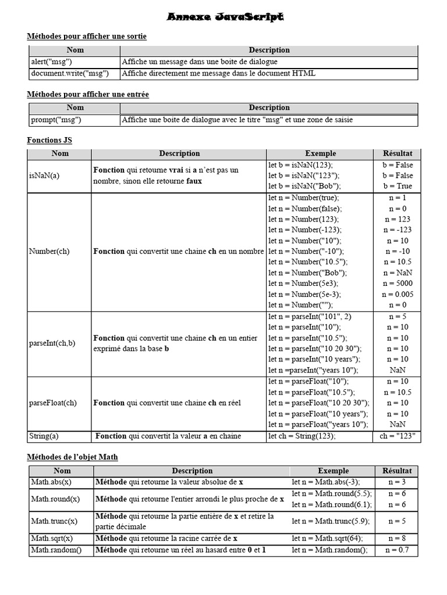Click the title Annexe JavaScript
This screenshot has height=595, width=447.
[225, 17]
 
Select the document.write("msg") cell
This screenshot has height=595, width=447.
[69, 73]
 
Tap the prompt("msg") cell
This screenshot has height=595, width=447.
[55, 120]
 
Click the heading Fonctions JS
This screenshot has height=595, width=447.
[49, 140]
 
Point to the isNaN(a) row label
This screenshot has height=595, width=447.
[44, 175]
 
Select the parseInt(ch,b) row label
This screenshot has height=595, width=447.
[52, 343]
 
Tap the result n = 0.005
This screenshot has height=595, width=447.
[397, 294]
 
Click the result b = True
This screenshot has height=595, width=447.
[397, 186]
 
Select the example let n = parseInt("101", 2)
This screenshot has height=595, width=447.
[310, 317]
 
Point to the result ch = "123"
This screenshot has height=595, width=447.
[397, 436]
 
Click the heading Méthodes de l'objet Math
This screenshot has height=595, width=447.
[73, 457]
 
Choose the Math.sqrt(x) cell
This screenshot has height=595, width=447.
[52, 538]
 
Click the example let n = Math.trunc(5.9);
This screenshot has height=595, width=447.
[331, 521]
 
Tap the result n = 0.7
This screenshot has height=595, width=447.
[397, 550]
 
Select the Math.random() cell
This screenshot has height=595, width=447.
[56, 550]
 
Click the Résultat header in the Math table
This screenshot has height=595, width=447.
[397, 471]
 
